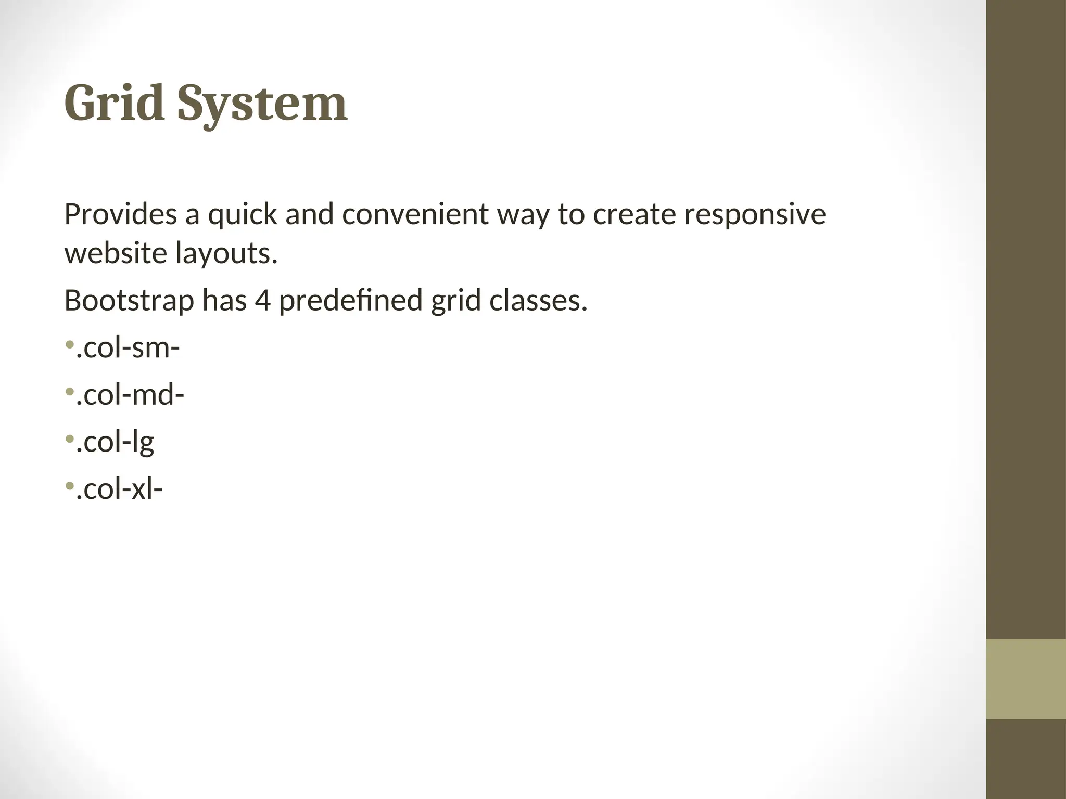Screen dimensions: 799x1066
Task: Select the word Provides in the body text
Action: point(120,214)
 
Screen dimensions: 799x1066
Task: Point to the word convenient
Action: point(415,214)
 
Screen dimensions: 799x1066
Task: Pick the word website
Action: point(115,253)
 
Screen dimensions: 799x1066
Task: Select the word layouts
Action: point(226,254)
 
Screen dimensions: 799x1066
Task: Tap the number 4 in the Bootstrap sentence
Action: point(262,301)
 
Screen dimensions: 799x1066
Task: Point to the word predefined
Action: point(350,301)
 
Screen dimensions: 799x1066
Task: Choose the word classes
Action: point(538,301)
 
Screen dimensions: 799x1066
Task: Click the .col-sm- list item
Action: point(128,347)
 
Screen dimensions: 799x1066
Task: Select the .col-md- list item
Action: point(130,395)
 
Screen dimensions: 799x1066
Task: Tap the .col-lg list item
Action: point(115,443)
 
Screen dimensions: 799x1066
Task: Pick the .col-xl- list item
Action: point(119,489)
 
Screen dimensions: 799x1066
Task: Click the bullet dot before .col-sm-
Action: point(69,344)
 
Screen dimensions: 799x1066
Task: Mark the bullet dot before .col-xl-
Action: point(69,486)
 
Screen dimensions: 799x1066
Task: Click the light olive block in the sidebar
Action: point(1025,679)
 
